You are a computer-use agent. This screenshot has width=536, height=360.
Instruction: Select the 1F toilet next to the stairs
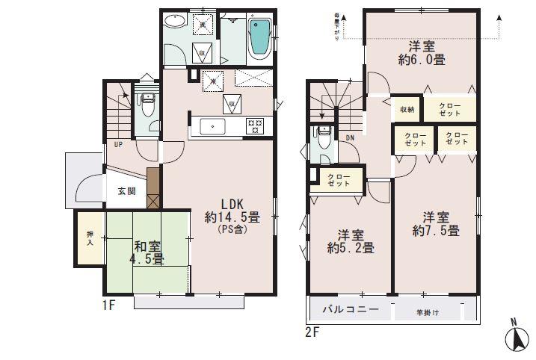tap(147, 108)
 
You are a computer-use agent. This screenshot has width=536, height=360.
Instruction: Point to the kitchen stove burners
tap(255, 126)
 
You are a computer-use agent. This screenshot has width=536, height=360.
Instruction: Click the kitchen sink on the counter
tap(213, 126)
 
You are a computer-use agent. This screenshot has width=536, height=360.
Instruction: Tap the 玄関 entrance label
tap(126, 191)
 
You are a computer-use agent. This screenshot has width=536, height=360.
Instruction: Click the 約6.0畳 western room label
tap(422, 52)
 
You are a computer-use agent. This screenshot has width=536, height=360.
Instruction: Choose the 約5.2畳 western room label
tap(350, 240)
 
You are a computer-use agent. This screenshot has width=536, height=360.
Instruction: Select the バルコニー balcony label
tap(350, 309)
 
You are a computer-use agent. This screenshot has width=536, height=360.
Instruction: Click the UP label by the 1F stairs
tap(118, 144)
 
